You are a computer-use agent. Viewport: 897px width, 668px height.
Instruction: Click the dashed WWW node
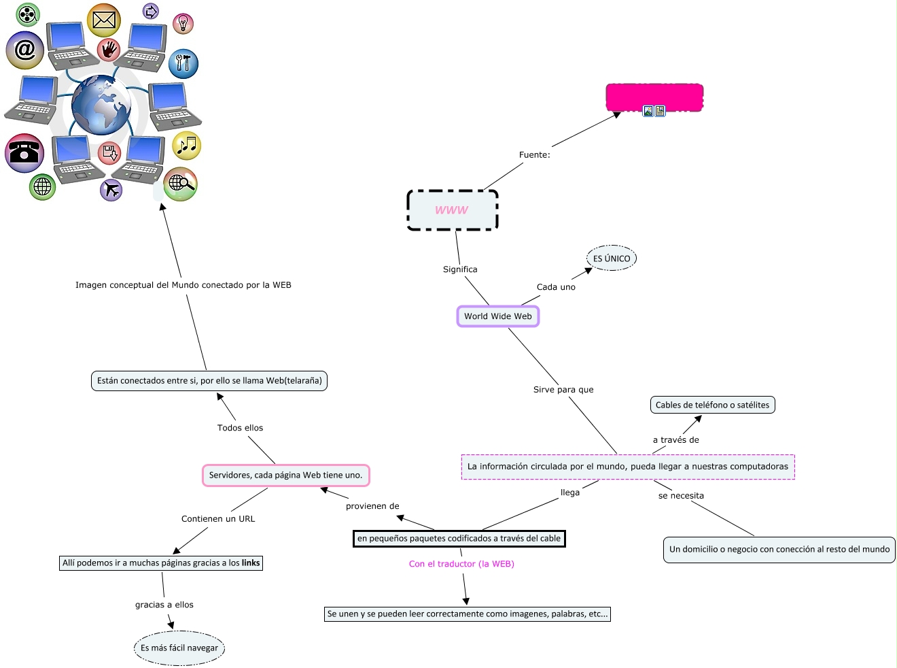[x=453, y=210]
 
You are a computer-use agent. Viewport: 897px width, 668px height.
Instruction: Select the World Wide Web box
[x=498, y=316]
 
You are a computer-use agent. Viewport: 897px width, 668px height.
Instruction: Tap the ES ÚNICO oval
[x=612, y=258]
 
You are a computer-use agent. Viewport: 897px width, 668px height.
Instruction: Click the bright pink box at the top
[x=654, y=97]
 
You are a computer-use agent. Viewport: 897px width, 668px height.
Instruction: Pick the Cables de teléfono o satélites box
[x=712, y=405]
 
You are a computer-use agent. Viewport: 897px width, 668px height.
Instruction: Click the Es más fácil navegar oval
[x=179, y=648]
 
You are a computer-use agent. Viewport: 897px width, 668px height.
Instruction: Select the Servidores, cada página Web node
[x=285, y=475]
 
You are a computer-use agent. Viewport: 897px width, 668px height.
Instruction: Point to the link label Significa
[x=460, y=269]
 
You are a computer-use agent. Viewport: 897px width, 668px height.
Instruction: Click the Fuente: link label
[x=535, y=155]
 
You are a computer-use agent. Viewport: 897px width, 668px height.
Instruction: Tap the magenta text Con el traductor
[x=461, y=564]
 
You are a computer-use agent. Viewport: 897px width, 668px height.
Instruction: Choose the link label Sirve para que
[x=563, y=390]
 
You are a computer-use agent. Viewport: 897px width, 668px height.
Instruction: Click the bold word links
[x=251, y=563]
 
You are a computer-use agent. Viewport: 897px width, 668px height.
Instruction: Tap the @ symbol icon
[x=25, y=50]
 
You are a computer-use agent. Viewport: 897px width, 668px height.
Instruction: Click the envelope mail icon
[x=104, y=20]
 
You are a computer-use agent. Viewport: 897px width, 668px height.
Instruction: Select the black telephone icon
[x=24, y=152]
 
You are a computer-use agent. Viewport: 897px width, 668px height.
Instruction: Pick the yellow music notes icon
[x=187, y=145]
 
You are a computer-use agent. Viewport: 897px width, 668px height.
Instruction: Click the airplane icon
[x=111, y=190]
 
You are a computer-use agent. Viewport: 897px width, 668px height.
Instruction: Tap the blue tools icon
[x=183, y=64]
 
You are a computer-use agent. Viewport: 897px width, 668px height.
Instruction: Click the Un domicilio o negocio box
[x=779, y=550]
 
